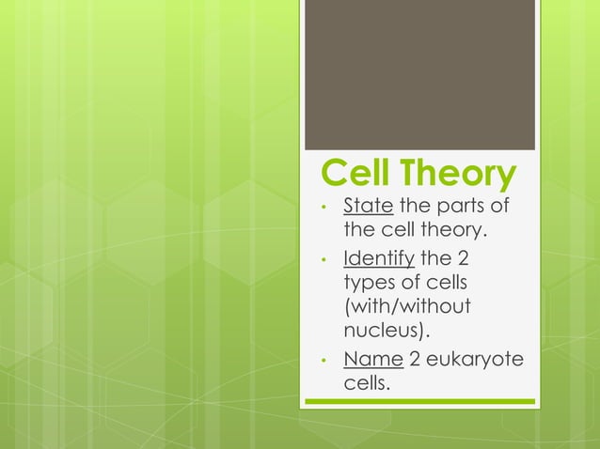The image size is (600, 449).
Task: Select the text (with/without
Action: click(x=406, y=308)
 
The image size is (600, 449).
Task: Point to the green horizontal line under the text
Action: click(x=419, y=402)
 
